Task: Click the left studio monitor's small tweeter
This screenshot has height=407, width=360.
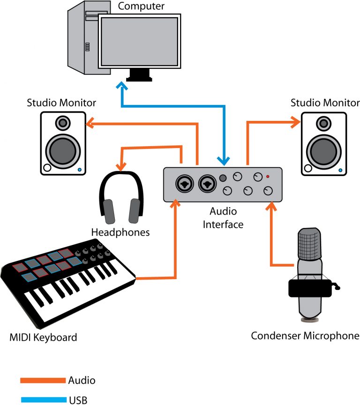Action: click(63, 123)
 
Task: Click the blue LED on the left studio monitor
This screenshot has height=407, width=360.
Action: click(80, 170)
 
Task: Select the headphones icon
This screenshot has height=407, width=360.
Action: click(120, 197)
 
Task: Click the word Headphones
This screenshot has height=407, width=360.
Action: click(120, 232)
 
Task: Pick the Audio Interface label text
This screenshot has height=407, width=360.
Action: click(223, 218)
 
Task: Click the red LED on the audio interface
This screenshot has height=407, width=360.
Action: click(268, 177)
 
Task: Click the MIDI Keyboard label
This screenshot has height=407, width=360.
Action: click(43, 337)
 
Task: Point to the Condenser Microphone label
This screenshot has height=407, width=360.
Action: click(305, 335)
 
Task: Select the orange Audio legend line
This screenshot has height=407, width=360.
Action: click(43, 380)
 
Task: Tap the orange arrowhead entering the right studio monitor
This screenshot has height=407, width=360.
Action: click(296, 123)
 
